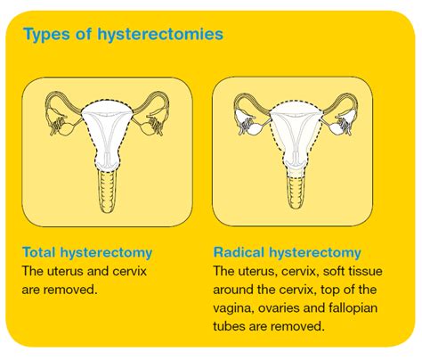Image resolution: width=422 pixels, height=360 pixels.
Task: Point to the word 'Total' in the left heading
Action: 41,252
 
